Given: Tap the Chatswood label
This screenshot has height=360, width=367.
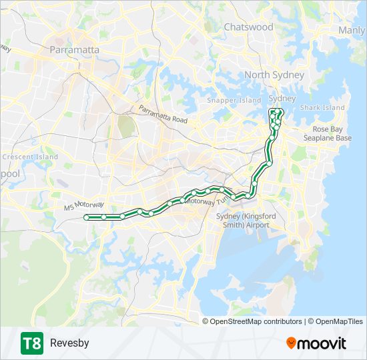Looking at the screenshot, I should pyautogui.click(x=249, y=27).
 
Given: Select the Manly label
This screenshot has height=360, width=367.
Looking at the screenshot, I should pyautogui.click(x=352, y=30).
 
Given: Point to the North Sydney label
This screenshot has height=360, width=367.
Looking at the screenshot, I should pyautogui.click(x=274, y=75).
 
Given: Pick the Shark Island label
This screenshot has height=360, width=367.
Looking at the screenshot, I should pyautogui.click(x=322, y=107).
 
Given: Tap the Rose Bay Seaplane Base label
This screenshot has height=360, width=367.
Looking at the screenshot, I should pyautogui.click(x=332, y=133).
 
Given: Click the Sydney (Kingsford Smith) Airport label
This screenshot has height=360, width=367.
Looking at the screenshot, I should pyautogui.click(x=243, y=220).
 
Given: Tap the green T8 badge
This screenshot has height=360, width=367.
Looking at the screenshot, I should pyautogui.click(x=31, y=343).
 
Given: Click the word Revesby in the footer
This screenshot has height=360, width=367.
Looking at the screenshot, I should pyautogui.click(x=69, y=343).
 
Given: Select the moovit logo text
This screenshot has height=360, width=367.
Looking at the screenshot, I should pyautogui.click(x=322, y=343).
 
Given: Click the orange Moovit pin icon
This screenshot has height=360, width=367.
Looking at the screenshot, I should pyautogui.click(x=292, y=343).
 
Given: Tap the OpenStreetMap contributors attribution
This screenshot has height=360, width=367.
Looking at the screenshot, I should pyautogui.click(x=256, y=321).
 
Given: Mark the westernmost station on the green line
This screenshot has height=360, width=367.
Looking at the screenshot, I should pyautogui.click(x=86, y=217).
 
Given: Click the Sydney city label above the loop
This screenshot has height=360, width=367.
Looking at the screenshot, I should pyautogui.click(x=282, y=99).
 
